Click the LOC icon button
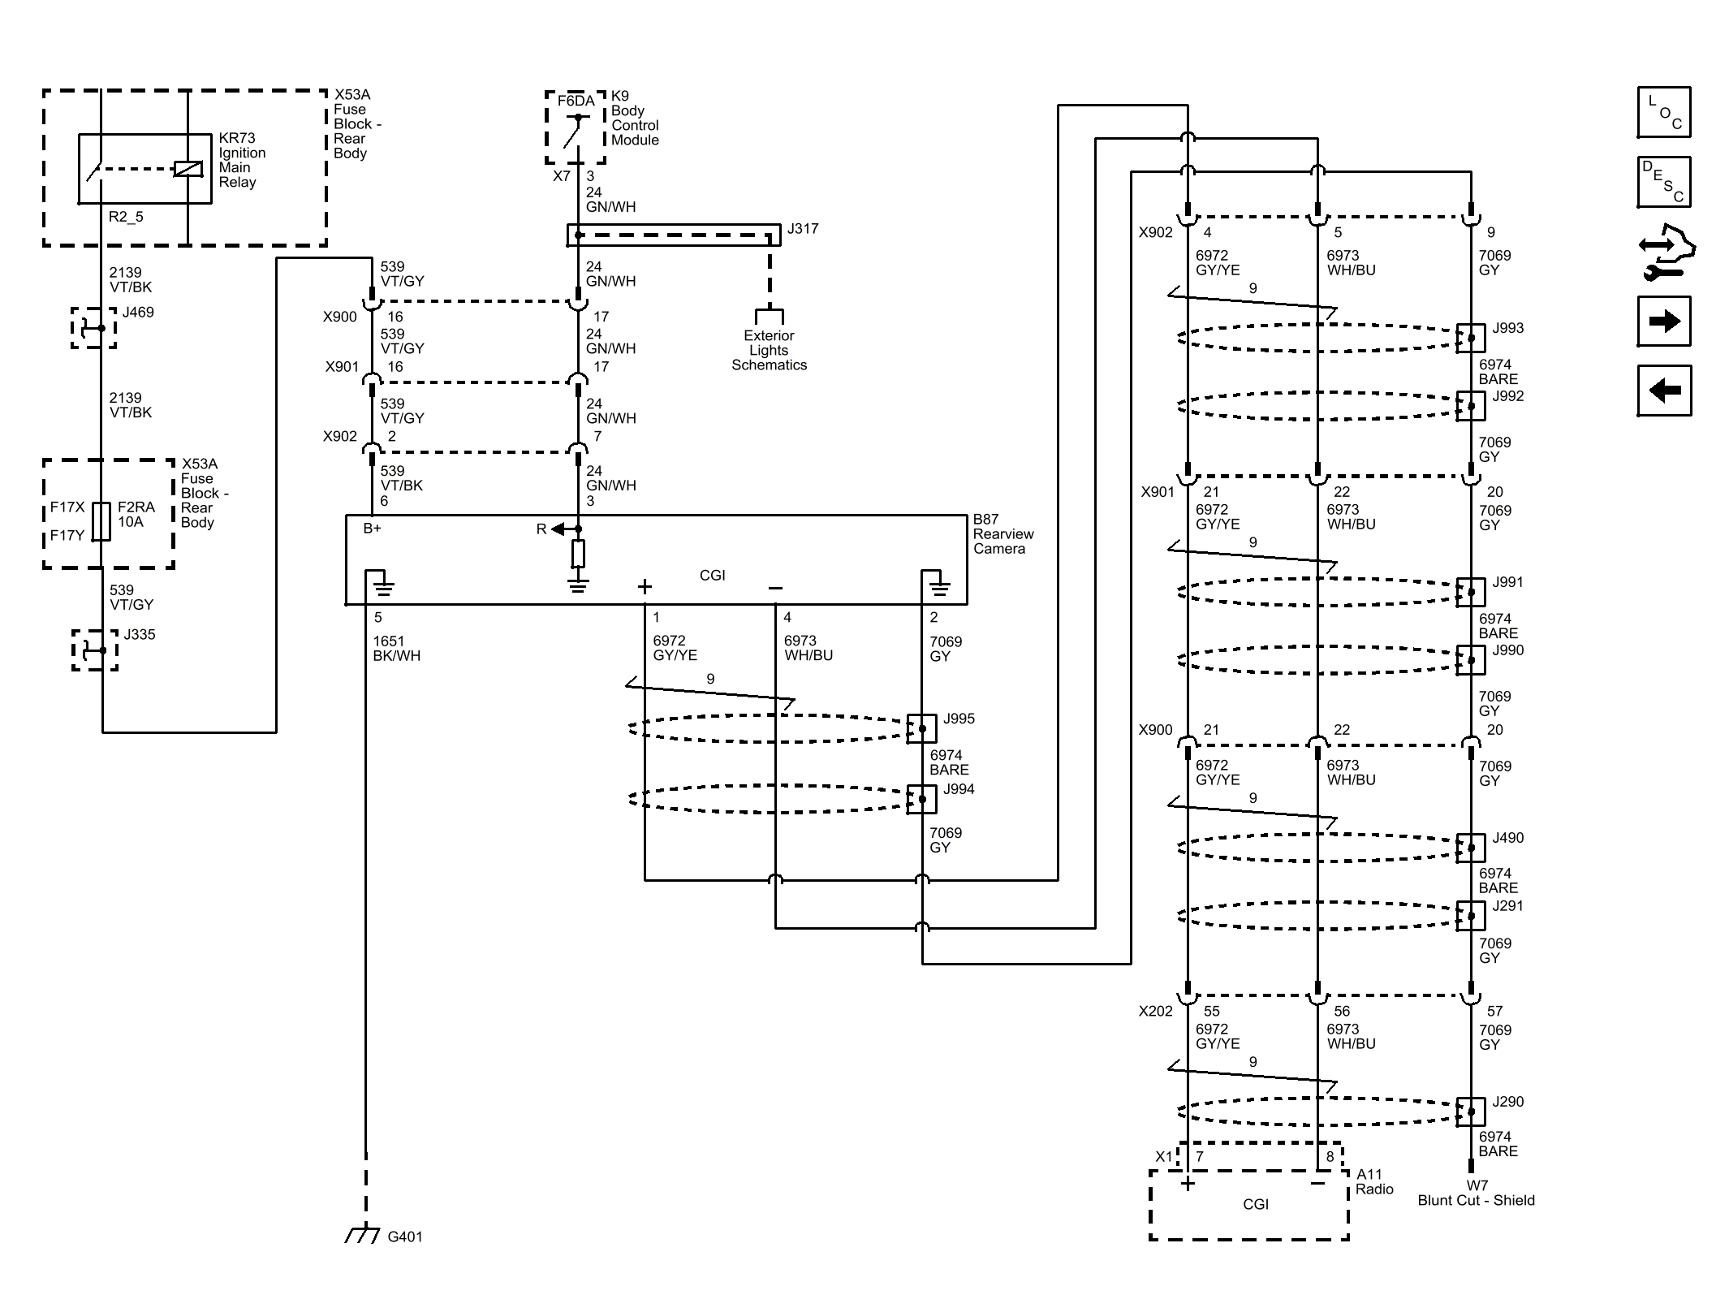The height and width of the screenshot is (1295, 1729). (x=1663, y=112)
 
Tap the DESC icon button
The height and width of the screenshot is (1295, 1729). (x=1663, y=182)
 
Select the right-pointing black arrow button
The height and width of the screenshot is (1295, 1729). (x=1663, y=322)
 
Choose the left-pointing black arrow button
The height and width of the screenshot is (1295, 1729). (x=1663, y=391)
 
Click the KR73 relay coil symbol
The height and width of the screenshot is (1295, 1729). (x=188, y=169)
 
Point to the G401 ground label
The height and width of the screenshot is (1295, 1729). (x=404, y=1237)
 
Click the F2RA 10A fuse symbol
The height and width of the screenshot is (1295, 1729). (x=101, y=521)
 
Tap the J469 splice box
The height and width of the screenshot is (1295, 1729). (x=93, y=328)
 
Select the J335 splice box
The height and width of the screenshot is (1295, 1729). (x=95, y=650)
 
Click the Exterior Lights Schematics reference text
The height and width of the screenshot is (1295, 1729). (x=769, y=350)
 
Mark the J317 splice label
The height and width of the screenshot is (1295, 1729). (x=802, y=229)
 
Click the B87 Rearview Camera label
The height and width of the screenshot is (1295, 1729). (x=1002, y=533)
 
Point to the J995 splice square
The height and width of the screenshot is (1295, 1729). (x=921, y=728)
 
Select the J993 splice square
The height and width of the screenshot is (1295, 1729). (x=1470, y=338)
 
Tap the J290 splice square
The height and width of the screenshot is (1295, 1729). (x=1470, y=1112)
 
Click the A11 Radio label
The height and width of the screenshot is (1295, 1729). (x=1373, y=1181)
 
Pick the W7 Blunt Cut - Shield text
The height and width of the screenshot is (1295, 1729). (x=1475, y=1193)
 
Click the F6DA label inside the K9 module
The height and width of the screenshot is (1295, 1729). (x=576, y=101)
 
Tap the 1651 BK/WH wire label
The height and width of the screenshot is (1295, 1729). (x=396, y=648)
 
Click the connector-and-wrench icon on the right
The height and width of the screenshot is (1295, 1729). (x=1666, y=252)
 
